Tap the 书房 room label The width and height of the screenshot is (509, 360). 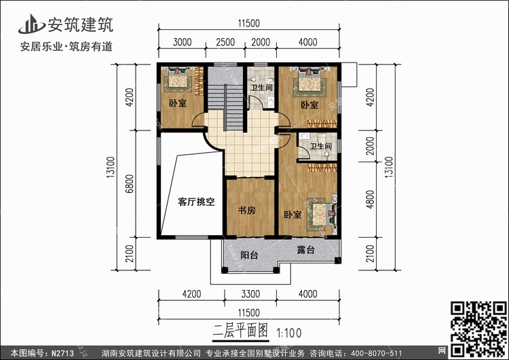click(247, 211)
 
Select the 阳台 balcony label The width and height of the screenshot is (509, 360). click(249, 255)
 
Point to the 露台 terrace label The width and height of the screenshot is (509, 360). click(307, 250)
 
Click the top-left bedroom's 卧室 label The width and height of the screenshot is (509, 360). click(178, 104)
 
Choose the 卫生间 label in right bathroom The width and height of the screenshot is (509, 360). click(320, 146)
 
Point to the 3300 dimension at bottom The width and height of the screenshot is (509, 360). click(251, 295)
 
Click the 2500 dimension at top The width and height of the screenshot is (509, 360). click(225, 42)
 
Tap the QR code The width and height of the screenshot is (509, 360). click(478, 322)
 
